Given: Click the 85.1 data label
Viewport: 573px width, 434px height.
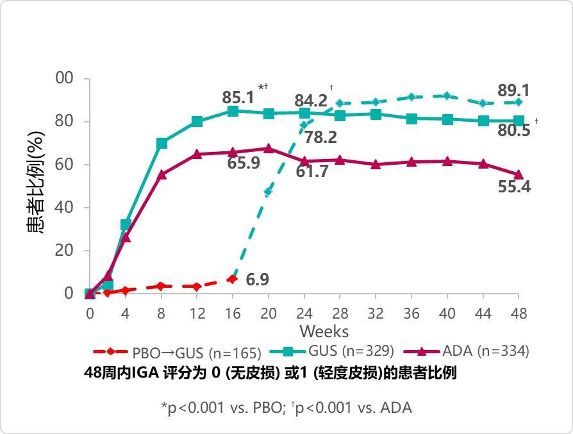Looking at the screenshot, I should pyautogui.click(x=238, y=98).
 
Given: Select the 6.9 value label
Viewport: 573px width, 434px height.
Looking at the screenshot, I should pyautogui.click(x=258, y=280).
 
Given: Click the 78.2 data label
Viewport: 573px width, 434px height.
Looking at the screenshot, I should pyautogui.click(x=321, y=137).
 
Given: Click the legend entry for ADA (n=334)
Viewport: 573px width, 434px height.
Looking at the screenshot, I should pyautogui.click(x=485, y=351).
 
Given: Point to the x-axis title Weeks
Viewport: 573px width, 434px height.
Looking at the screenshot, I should pyautogui.click(x=324, y=331).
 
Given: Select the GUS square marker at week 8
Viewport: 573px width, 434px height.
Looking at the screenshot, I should pyautogui.click(x=162, y=144).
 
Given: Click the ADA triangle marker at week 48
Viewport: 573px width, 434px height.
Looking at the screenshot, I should pyautogui.click(x=519, y=174).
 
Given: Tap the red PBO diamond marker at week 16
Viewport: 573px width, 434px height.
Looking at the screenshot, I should pyautogui.click(x=233, y=279).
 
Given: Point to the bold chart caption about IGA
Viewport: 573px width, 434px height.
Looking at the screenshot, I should pyautogui.click(x=270, y=373).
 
